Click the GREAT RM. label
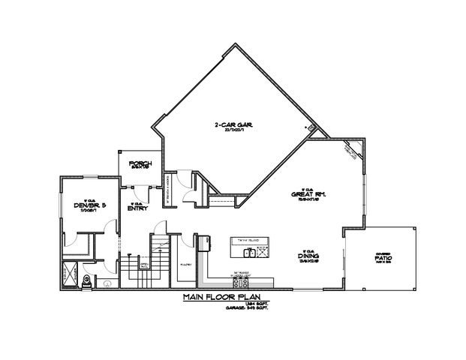pyautogui.click(x=308, y=193)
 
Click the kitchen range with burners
pyautogui.click(x=203, y=239)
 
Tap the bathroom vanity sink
pyautogui.click(x=107, y=283)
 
